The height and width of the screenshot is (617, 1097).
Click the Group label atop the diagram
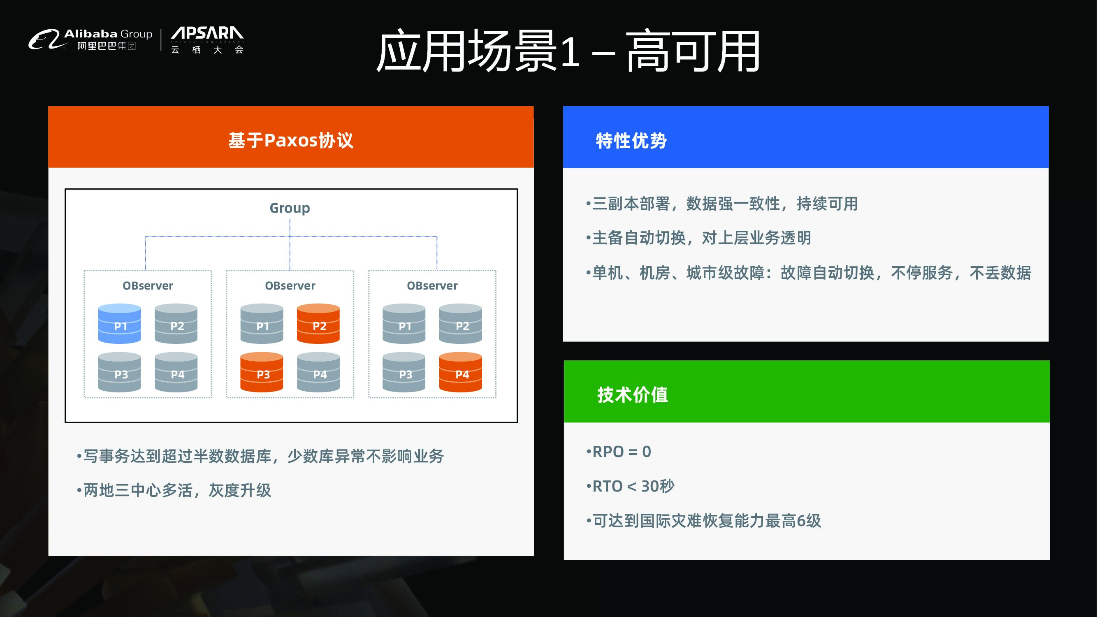pos(290,208)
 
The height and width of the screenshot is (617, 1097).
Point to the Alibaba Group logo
pos(90,39)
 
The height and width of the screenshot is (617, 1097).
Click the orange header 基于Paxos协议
pos(291,140)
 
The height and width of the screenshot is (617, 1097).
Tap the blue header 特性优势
pos(631,141)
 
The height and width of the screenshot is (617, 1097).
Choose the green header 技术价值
pos(632,394)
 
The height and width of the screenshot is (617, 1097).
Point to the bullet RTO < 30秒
pos(631,486)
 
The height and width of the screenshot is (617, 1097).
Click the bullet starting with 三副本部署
pos(722,204)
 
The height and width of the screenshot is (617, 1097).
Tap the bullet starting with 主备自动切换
pos(699,238)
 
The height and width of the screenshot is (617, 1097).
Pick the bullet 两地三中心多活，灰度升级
pos(174,490)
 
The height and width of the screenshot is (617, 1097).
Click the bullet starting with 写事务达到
pos(261,456)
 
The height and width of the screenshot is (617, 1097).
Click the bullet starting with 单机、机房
pos(809,273)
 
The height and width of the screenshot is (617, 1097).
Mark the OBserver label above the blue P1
pos(148,285)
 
